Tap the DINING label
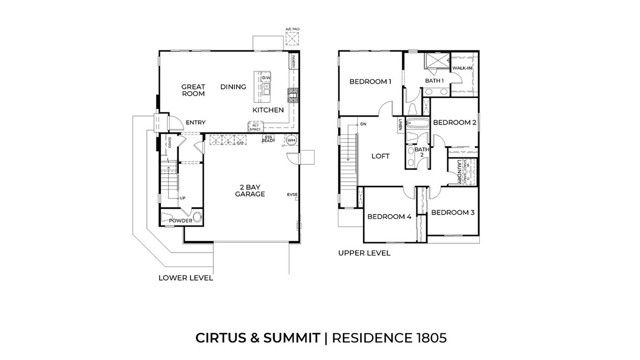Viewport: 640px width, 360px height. click(x=233, y=87)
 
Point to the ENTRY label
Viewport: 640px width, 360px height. click(x=196, y=124)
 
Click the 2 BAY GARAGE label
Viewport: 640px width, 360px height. click(x=250, y=191)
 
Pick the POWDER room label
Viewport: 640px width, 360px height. click(x=181, y=220)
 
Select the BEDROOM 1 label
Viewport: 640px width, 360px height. click(x=369, y=82)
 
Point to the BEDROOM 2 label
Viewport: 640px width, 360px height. click(x=454, y=122)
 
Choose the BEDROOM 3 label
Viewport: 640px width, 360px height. click(x=454, y=212)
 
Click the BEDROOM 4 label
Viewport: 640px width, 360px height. click(x=389, y=216)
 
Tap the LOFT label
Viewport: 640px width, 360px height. click(x=380, y=156)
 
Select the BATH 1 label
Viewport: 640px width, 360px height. click(x=434, y=80)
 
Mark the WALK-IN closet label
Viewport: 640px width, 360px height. click(x=462, y=70)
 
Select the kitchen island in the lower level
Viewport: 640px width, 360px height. click(x=265, y=87)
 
